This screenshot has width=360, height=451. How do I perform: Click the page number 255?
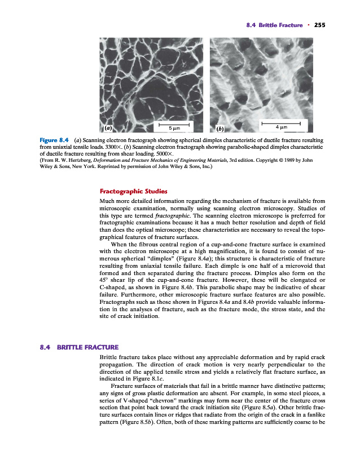coord(321,25)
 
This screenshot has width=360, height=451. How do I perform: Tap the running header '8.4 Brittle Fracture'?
coord(273,25)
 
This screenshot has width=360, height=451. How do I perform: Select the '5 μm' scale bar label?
coord(174,127)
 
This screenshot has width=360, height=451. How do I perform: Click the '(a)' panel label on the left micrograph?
coord(106,127)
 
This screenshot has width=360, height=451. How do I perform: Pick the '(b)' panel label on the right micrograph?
coord(216,127)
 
